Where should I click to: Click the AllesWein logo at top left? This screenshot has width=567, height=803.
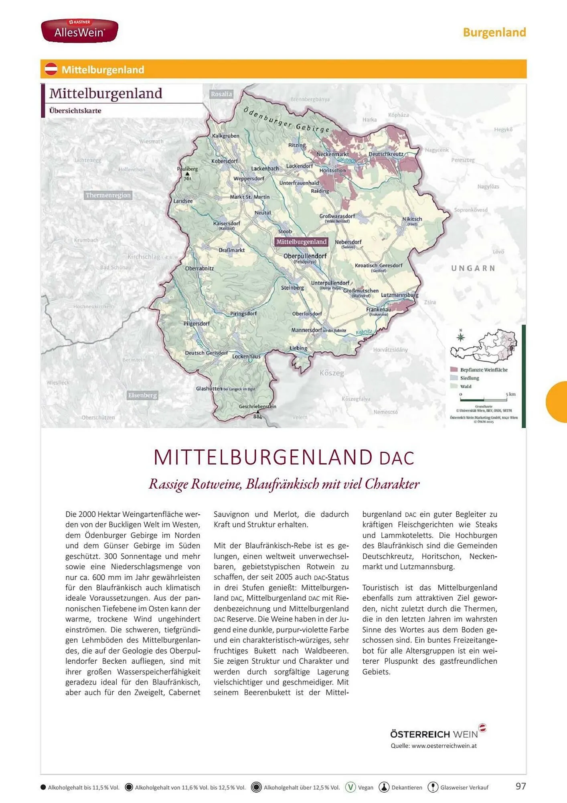[x=79, y=31]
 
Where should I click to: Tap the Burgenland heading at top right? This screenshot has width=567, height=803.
[x=494, y=33]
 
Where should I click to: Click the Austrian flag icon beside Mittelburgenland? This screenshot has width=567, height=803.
[x=51, y=69]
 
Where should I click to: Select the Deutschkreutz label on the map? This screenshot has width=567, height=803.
[x=386, y=154]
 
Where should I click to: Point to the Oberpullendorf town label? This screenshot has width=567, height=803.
[x=305, y=256]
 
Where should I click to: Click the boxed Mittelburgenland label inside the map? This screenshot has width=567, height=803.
[x=301, y=242]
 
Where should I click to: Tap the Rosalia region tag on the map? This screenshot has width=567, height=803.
[x=221, y=94]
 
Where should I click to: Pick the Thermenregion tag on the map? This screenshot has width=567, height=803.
[x=108, y=195]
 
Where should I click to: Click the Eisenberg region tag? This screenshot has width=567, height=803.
[x=142, y=395]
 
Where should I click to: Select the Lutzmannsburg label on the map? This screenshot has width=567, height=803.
[x=399, y=295]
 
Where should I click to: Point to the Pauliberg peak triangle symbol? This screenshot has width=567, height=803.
[x=187, y=174]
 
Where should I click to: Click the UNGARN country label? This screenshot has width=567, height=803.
[x=473, y=268]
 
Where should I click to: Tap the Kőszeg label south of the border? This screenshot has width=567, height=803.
[x=332, y=373]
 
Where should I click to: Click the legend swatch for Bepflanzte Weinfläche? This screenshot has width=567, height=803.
[x=454, y=369]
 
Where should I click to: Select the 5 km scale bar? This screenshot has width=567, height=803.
[x=484, y=400]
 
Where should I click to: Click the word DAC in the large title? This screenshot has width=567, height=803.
[x=397, y=459]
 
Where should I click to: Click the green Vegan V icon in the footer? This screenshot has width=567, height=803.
[x=350, y=787]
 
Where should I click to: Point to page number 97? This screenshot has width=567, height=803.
[x=520, y=786]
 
